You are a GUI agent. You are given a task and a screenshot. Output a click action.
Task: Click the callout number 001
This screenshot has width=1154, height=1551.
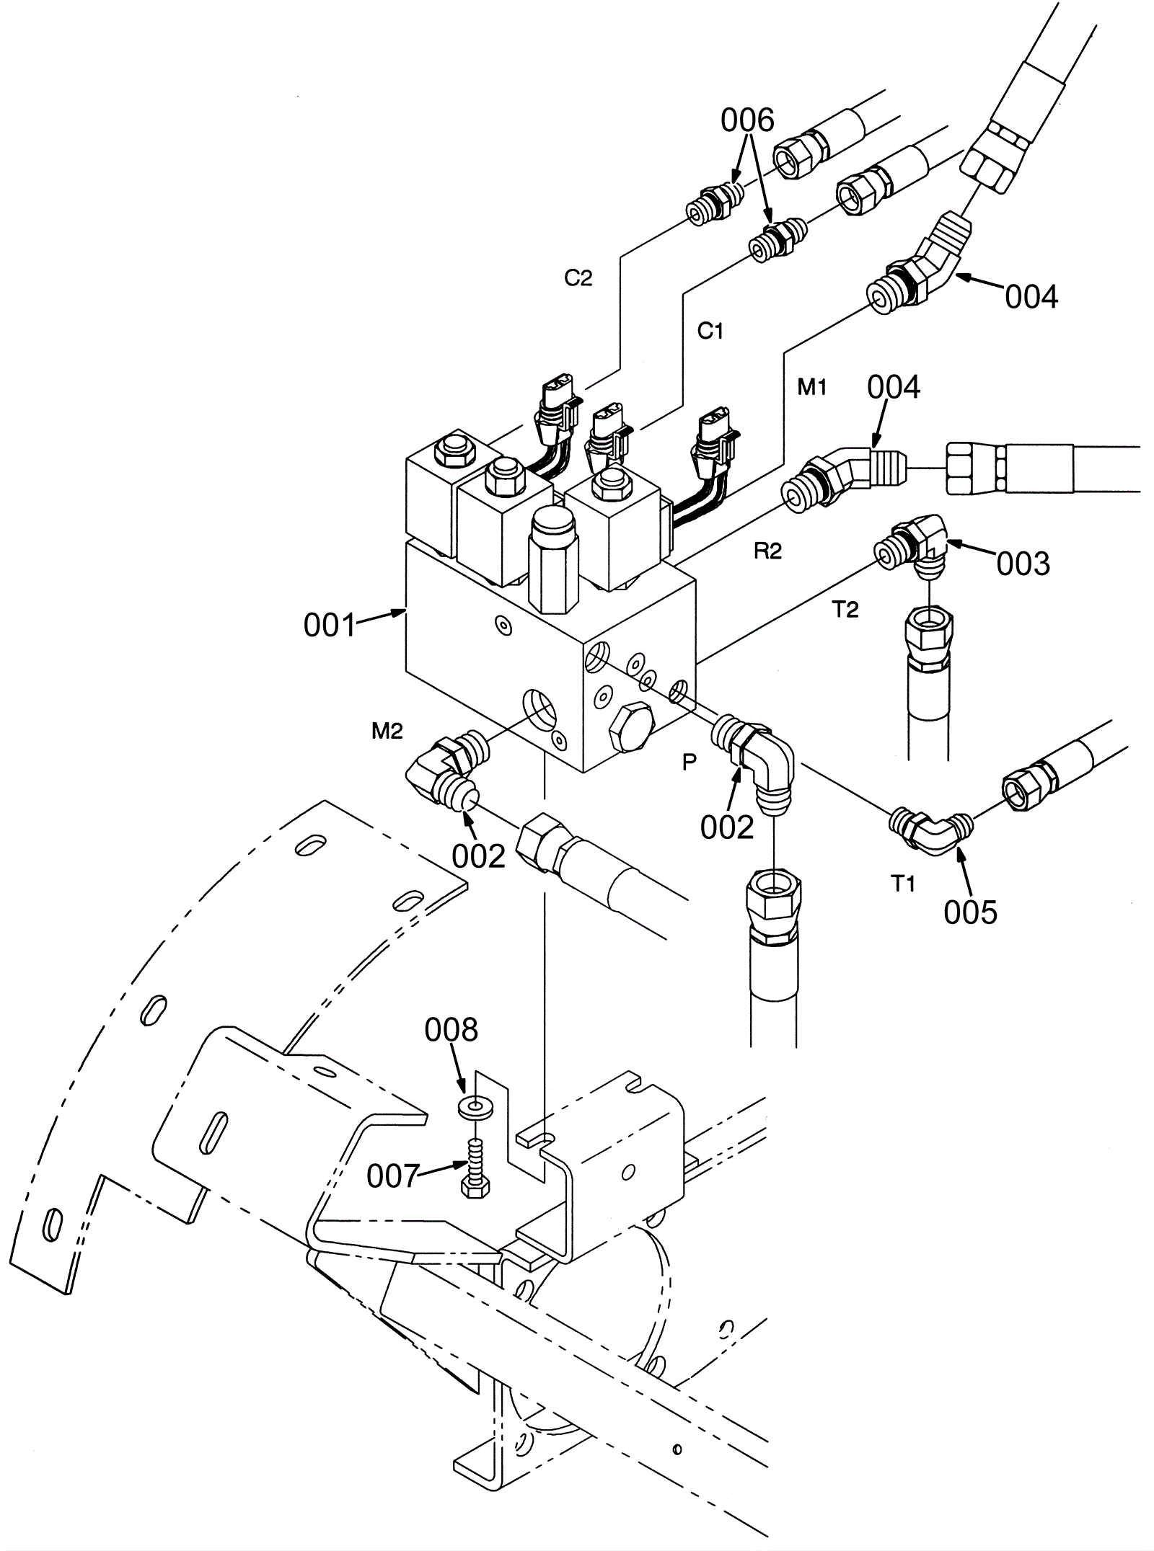coord(330,626)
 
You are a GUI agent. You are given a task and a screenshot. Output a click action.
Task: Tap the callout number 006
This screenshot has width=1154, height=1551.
coord(747,120)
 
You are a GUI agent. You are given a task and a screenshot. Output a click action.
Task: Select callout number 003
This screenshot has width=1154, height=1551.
coord(1023,564)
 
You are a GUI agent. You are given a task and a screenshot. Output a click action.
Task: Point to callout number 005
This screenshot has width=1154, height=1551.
coord(970,912)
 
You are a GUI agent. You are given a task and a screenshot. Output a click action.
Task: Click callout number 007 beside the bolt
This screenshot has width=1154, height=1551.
coord(393,1177)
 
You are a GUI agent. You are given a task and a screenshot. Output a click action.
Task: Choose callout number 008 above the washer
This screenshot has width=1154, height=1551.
coord(452,1031)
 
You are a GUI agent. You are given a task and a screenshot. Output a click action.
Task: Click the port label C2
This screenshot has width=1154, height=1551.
coord(578,278)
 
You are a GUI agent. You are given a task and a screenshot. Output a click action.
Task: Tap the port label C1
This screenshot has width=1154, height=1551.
coord(710,331)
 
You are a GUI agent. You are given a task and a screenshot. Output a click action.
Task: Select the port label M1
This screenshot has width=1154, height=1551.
coord(811,388)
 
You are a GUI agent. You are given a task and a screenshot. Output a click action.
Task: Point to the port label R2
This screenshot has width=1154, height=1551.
coord(767,551)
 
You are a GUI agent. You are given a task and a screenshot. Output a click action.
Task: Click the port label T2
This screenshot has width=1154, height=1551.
coord(846,610)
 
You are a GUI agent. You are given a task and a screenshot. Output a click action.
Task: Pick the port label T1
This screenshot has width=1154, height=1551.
coord(904,884)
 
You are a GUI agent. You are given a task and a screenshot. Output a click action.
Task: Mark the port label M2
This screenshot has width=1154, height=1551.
coord(387,732)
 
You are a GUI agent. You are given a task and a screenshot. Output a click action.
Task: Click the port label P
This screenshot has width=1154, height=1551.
coord(690,763)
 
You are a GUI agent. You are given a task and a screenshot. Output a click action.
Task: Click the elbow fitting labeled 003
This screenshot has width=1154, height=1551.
coord(912,548)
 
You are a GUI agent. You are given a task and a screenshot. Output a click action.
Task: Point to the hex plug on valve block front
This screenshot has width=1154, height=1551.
coord(631,739)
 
